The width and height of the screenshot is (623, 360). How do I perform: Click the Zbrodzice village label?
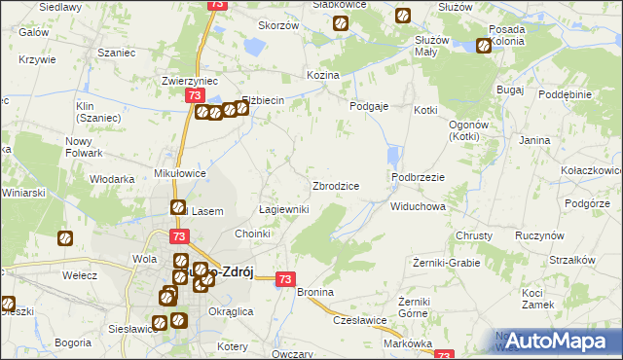click(336, 186)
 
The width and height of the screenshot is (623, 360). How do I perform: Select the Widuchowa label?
click(418, 207)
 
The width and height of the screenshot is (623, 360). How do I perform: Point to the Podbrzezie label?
click(418, 177)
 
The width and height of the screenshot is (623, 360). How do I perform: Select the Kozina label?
click(322, 75)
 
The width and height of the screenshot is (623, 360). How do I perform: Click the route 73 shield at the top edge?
click(216, 5)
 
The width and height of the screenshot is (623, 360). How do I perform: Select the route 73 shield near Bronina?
click(284, 279)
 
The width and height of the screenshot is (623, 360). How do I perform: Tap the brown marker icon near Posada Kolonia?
click(485, 45)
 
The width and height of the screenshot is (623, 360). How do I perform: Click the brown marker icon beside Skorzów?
click(340, 24)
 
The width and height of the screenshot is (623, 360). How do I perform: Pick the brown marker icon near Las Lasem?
click(178, 207)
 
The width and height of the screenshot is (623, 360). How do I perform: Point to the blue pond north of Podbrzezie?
click(393, 156)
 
